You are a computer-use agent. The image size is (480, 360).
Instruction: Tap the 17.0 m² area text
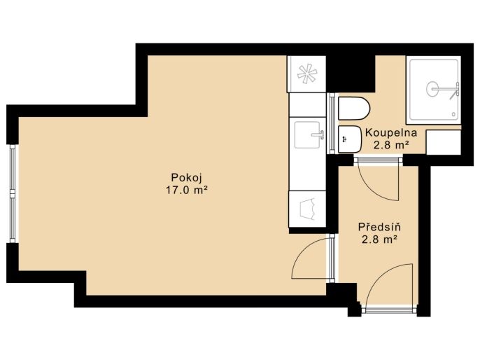[187, 191]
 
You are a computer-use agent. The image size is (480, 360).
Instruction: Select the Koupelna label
[391, 132]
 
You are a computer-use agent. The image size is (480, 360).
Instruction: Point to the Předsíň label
[379, 227]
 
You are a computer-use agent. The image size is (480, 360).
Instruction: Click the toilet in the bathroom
[354, 109]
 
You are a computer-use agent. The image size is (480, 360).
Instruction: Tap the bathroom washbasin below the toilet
[350, 139]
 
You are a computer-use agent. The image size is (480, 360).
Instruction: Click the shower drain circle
[432, 89]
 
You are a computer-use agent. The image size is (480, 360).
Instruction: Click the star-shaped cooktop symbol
[306, 74]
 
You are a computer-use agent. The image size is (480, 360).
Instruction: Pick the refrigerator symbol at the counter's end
[308, 209]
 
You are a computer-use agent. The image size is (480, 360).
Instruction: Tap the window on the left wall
[13, 193]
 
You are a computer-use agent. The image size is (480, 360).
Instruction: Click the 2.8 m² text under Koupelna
[391, 144]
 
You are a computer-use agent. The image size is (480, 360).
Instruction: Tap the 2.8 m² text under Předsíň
[379, 239]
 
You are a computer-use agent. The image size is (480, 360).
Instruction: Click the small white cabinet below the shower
[444, 142]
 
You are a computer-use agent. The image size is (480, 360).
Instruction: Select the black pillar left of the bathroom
[351, 74]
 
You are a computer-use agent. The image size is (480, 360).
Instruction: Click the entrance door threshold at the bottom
[389, 310]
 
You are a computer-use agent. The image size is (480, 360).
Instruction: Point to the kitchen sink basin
[307, 134]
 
